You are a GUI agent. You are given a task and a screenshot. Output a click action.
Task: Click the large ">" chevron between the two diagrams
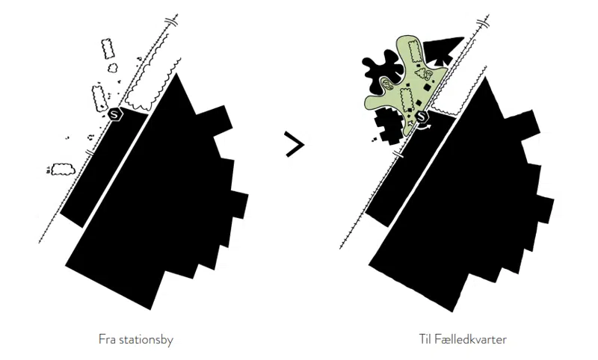(x=295, y=144)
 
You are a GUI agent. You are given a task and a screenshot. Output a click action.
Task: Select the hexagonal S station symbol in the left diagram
(x=114, y=114)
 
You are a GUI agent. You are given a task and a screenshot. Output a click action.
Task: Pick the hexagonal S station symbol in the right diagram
(x=421, y=117)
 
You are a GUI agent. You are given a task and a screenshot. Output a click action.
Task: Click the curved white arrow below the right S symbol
(x=424, y=128)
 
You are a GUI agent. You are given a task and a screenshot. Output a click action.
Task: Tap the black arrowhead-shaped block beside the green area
(x=443, y=50)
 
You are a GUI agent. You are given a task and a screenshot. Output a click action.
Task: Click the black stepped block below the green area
(x=388, y=125)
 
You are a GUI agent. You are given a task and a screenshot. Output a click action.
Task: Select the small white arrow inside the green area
(x=410, y=123)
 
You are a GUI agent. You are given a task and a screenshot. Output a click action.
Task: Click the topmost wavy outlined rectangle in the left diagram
(x=108, y=49)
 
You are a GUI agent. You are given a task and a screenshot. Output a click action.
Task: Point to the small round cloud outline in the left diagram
(x=113, y=68)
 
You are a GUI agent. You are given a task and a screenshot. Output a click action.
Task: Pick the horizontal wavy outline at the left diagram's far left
(x=63, y=169)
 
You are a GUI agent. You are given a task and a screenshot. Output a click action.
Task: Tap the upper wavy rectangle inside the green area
(x=414, y=52)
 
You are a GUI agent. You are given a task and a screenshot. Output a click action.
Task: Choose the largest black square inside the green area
(x=428, y=88)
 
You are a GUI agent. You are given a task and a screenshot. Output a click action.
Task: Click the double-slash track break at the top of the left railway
(x=172, y=22)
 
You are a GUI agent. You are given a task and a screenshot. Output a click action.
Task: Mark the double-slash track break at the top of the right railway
(x=482, y=23)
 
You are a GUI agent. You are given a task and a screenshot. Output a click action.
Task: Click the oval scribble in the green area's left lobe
(x=387, y=84)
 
